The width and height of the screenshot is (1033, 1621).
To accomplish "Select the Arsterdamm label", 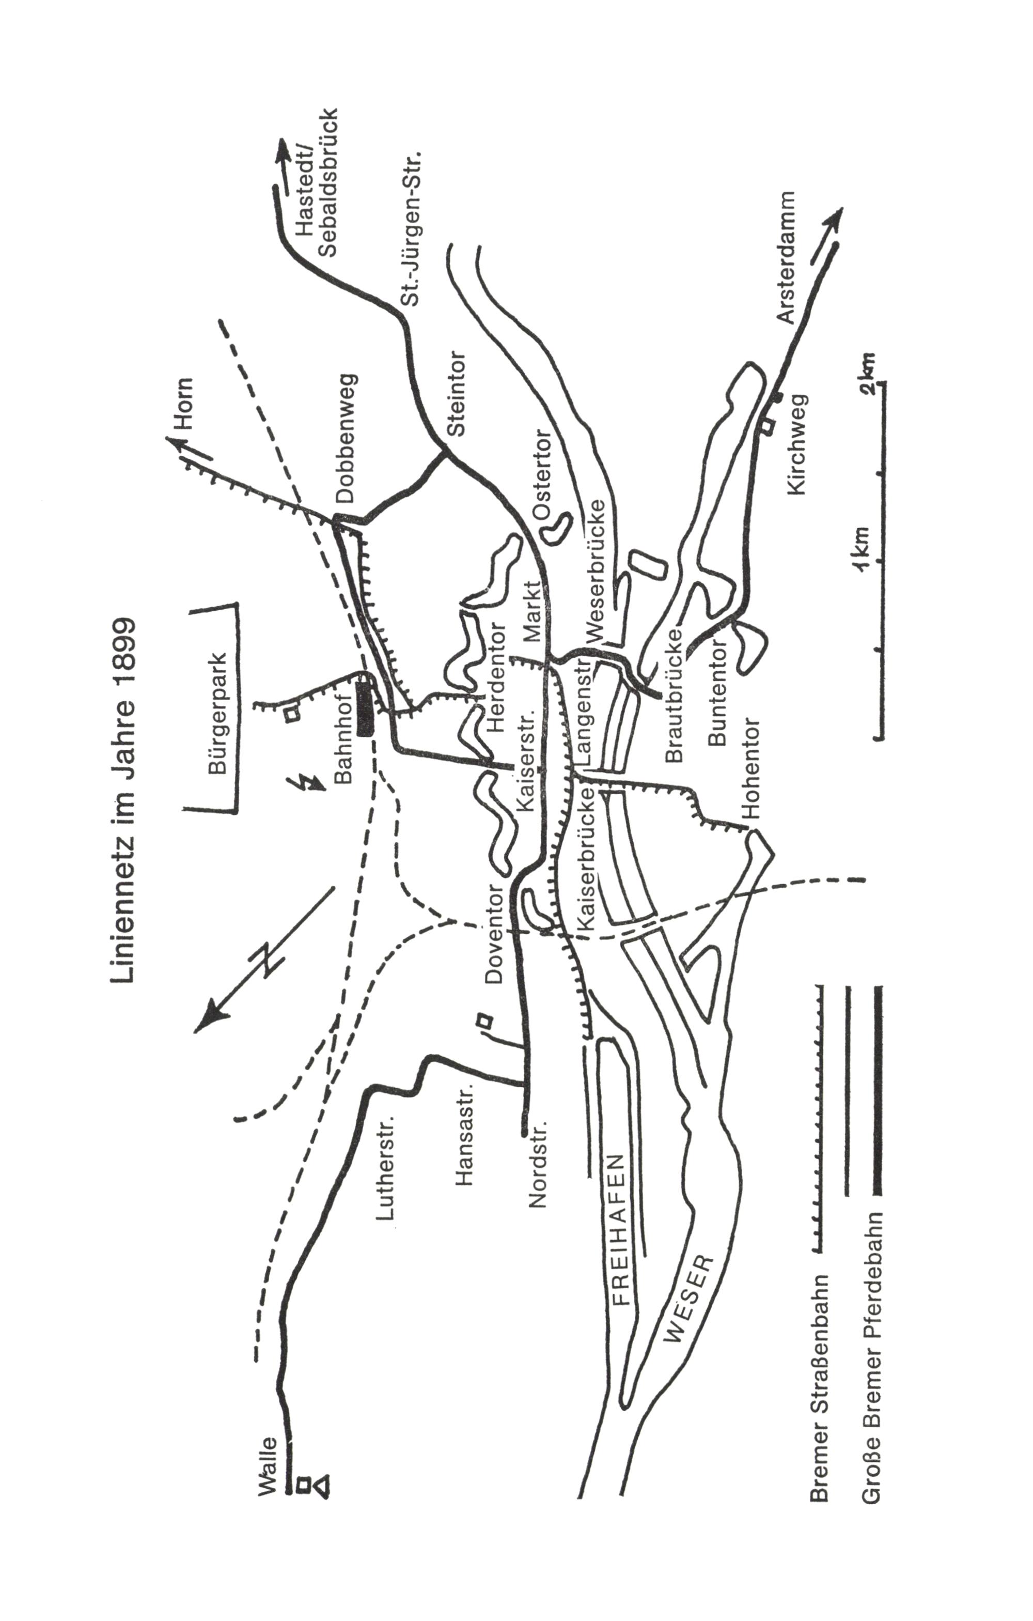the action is click(x=785, y=258).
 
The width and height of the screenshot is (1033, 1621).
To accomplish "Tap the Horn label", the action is click(x=183, y=404).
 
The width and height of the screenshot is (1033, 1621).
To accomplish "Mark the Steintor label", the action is click(x=455, y=393).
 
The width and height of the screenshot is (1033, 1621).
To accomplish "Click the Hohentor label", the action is click(x=750, y=768).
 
